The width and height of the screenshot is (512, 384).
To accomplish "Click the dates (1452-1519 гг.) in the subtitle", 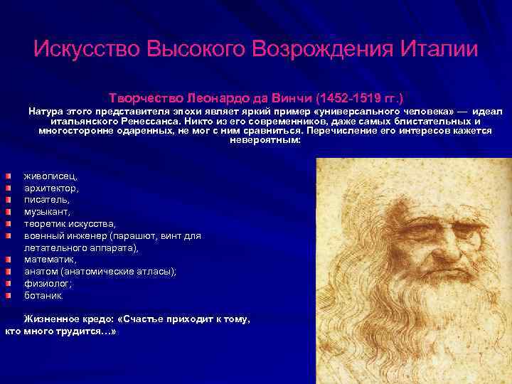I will point(365,96).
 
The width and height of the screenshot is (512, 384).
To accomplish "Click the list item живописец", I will point(52,175).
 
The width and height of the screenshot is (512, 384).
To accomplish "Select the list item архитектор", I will point(52,188).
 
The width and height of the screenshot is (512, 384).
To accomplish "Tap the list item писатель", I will point(47,200).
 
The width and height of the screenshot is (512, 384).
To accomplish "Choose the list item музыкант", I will point(47,211).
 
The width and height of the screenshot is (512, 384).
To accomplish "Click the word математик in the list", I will point(50,260).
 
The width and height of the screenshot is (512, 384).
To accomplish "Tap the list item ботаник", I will point(43,295).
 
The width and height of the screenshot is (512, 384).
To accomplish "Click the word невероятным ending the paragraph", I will point(265,140).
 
